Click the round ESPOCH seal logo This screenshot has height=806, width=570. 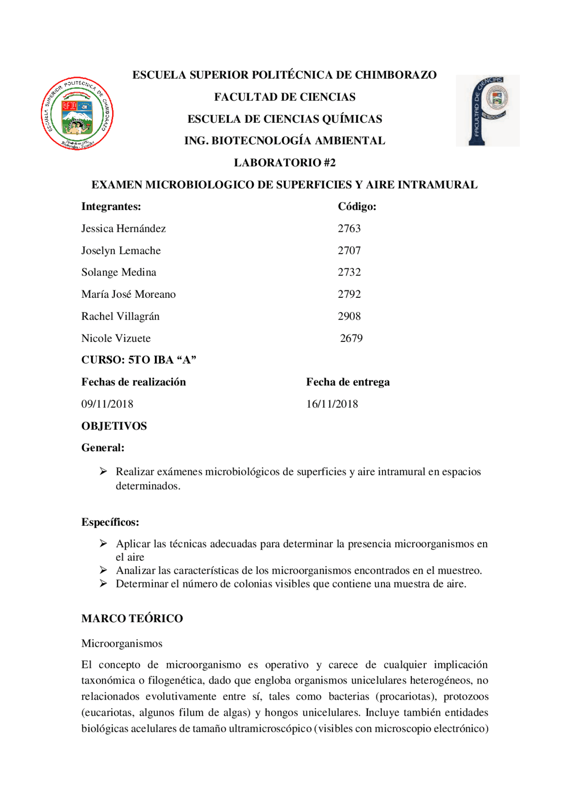coord(77,113)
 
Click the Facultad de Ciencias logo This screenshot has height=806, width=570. coord(488,111)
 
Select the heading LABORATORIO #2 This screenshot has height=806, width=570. coord(285,162)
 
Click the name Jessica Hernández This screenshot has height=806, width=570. coord(123,228)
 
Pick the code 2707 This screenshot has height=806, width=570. coord(349,251)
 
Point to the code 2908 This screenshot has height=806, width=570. coord(349,316)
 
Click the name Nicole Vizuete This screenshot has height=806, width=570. coord(116,338)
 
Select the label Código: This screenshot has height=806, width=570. coord(357,207)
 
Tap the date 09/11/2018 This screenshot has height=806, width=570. coord(107,404)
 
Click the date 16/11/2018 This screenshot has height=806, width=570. coord(332,404)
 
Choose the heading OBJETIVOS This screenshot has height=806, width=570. coord(114,426)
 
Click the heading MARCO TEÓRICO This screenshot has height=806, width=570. coord(132,618)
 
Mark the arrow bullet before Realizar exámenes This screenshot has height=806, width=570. coord(103,471)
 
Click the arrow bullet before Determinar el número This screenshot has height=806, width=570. coord(103,583)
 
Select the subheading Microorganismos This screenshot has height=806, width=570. coord(122,644)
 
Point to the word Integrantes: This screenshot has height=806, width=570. coord(111,207)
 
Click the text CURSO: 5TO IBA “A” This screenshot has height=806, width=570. coord(138,360)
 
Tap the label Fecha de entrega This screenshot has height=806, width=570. coord(348,382)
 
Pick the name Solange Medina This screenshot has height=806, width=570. coord(118,272)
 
